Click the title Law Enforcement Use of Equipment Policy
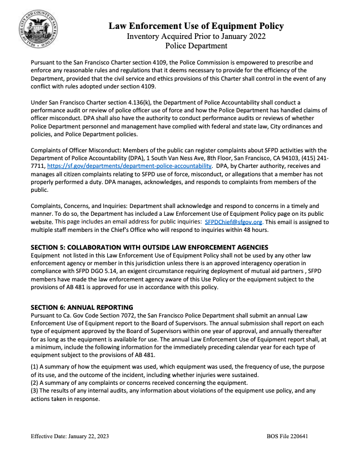click(196, 26)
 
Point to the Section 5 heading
click(142, 247)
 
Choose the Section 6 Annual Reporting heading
click(82, 307)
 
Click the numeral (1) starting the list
click(34, 368)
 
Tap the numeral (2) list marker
click(34, 384)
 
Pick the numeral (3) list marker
click(34, 391)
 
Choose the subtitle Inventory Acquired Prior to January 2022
click(196, 36)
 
